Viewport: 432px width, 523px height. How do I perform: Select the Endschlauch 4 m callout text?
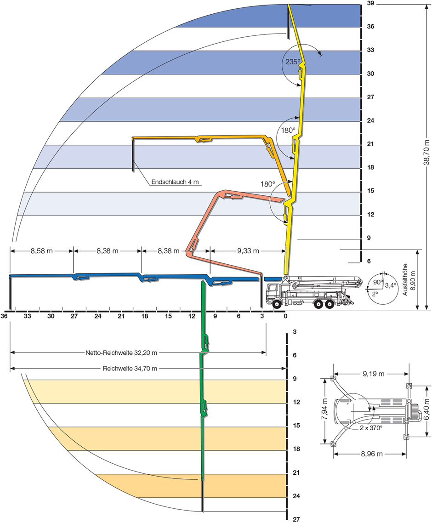175,182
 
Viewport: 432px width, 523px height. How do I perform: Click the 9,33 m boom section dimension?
248,251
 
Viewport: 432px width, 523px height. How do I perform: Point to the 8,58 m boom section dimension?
42,251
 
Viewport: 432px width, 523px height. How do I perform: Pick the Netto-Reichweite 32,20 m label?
121,353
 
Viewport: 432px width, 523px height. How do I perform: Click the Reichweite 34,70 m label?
131,368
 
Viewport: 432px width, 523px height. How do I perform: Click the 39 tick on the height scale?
371,3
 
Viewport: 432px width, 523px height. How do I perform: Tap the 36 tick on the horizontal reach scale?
5,316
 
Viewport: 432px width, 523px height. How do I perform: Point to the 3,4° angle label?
391,285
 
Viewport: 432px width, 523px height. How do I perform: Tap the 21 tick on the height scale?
371,144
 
